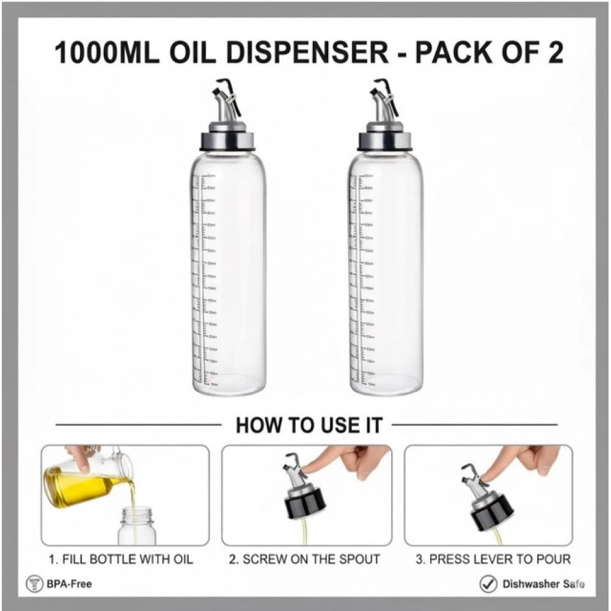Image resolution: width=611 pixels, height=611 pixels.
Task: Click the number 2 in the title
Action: pos(553,53)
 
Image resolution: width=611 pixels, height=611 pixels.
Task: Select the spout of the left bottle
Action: pos(225,101)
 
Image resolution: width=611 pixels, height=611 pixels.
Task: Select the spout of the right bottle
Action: pos(383,101)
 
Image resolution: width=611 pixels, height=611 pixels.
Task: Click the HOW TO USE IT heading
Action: pos(309,425)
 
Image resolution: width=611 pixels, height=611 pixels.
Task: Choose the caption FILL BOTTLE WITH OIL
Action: pos(120,559)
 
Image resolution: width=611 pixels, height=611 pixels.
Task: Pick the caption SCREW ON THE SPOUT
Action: pos(305,559)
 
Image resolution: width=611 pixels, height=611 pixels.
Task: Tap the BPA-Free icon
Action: pos(34,584)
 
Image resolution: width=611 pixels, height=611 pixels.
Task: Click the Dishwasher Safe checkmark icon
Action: pos(488,584)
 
